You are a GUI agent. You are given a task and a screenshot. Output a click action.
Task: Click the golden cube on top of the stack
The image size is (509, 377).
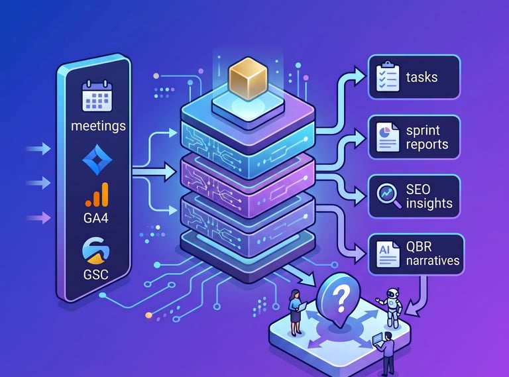point(248,78)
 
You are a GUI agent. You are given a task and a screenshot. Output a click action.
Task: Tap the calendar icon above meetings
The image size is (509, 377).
point(97,96)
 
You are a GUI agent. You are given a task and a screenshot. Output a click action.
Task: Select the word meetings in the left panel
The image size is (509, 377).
point(98,126)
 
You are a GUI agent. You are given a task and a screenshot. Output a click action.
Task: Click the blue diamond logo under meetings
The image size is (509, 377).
point(97,159)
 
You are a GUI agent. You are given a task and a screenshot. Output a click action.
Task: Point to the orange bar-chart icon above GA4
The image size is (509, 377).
point(97,195)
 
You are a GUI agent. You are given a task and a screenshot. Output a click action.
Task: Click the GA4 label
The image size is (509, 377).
point(95,218)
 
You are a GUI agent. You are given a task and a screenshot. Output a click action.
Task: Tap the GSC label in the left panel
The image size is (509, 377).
point(95,275)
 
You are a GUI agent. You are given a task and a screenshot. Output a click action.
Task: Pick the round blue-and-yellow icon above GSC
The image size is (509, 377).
point(96,250)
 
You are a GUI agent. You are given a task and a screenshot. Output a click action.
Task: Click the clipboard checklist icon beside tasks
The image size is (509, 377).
point(388,77)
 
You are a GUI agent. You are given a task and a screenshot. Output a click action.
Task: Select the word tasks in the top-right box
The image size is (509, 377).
point(422,78)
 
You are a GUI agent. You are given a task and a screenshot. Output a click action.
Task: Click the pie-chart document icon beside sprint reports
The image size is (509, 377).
point(388,137)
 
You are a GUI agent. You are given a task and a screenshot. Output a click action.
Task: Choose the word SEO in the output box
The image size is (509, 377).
point(418,189)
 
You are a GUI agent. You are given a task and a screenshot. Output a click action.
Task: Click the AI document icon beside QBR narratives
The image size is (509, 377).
point(388,254)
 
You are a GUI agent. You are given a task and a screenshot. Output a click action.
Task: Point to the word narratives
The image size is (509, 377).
point(433,260)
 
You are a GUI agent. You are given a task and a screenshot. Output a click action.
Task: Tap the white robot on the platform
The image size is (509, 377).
point(391,307)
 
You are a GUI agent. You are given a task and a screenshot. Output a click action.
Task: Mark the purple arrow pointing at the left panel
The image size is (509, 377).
point(38,217)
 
